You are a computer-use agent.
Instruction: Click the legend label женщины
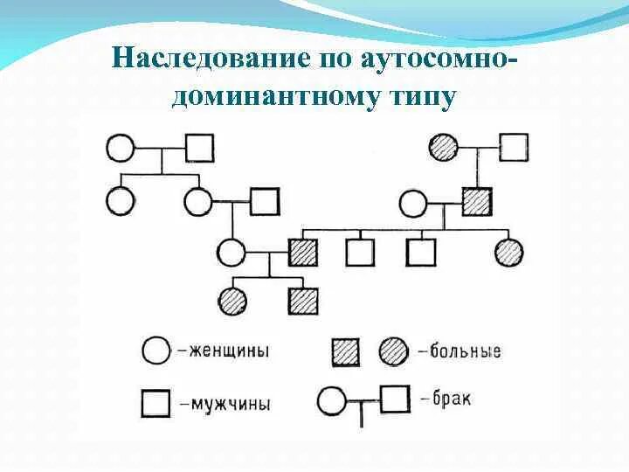click(226, 351)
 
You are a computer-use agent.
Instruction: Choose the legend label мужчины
click(226, 404)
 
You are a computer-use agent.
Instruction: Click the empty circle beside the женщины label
click(156, 351)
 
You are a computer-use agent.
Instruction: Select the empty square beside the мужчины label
click(156, 404)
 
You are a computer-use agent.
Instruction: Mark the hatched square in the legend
click(346, 351)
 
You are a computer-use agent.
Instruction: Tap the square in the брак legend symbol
click(395, 401)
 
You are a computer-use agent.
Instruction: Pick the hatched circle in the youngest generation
click(233, 301)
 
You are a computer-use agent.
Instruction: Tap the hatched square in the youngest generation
click(303, 301)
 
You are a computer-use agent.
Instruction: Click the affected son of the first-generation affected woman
click(477, 203)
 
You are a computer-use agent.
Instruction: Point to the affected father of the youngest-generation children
click(303, 253)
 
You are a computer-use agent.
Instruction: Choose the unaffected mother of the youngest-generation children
click(231, 253)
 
